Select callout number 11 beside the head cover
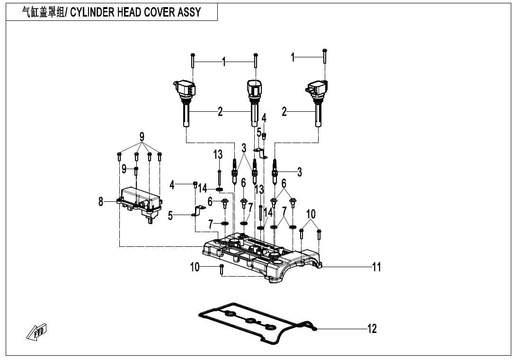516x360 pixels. pos(376,267)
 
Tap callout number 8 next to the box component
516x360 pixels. pos(101,202)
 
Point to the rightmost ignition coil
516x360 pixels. pos(318,102)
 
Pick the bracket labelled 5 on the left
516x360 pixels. pos(198,211)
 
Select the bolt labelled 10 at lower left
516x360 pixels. pos(221,270)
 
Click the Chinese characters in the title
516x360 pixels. pos(44,12)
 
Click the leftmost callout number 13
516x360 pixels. pos(218,154)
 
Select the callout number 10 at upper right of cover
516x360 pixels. pos(311,214)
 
